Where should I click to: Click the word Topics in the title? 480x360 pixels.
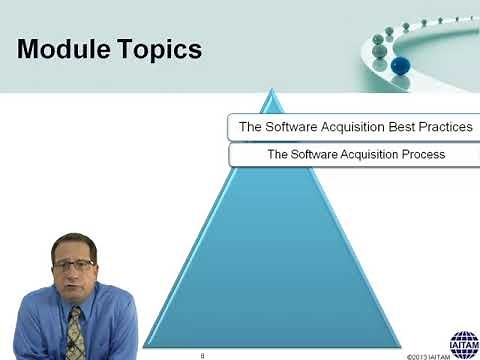pos(158,49)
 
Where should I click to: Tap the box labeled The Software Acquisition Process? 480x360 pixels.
pos(355,155)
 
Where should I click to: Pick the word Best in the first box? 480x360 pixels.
pos(388,127)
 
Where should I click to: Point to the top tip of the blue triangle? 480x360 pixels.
pos(270,92)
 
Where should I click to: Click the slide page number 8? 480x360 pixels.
pos(202,354)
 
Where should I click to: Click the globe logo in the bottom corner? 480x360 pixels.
pos(463,343)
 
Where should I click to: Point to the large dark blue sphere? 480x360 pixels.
pos(400,65)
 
